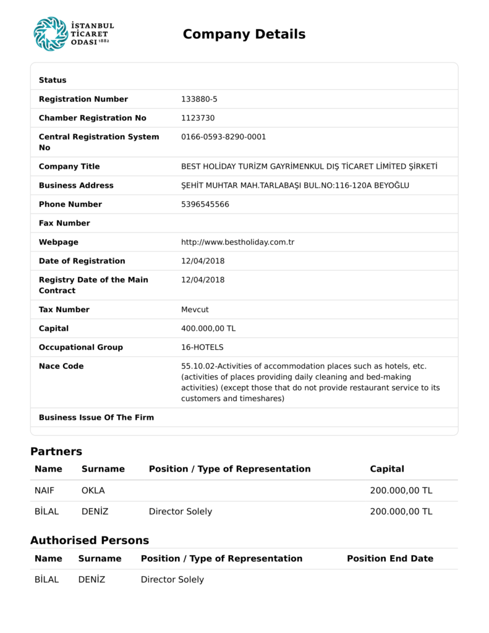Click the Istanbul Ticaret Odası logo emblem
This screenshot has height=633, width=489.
pos(51,34)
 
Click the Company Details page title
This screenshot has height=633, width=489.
pos(244,35)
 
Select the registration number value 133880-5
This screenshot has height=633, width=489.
pos(199,99)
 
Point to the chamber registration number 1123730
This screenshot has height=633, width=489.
pos(198,118)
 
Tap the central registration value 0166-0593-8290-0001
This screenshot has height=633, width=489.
pos(223,137)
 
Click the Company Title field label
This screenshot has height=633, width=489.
pos(69,166)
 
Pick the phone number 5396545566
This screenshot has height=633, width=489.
pos(205,204)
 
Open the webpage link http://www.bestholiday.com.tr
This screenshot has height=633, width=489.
pos(237,242)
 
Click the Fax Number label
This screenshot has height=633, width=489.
pos(64,223)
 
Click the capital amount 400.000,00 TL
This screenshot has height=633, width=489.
pos(208,328)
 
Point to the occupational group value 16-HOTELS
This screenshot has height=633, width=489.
pos(202,347)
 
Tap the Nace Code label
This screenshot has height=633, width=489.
pos(61,366)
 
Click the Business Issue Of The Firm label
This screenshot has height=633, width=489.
pos(96,417)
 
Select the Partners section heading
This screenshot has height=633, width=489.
pos(56,451)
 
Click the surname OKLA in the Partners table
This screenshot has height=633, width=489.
pos(93,491)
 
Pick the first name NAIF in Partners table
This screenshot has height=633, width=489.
pos(45,491)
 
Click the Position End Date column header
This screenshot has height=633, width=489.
pos(389,559)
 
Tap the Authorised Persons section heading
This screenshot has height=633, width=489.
pos(90,540)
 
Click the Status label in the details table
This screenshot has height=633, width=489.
pos(53,80)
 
